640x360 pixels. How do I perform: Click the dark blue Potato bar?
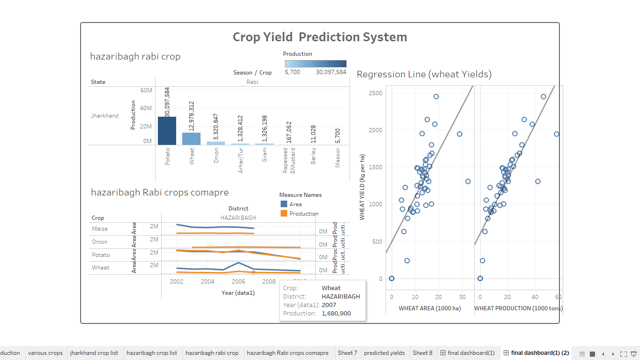[167, 131]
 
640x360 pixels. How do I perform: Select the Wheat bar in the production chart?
[191, 139]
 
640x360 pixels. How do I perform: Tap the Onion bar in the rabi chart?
[216, 143]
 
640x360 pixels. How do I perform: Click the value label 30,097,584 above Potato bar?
[167, 102]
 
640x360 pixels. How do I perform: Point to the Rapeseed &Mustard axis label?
[288, 161]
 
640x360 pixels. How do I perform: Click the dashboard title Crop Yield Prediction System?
[320, 37]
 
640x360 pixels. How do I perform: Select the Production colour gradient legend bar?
[315, 64]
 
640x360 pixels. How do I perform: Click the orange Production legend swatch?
[284, 213]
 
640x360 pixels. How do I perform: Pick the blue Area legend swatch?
[284, 204]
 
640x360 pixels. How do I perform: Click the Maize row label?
[100, 229]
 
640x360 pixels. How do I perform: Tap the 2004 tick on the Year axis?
[208, 281]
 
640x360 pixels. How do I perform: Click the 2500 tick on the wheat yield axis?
[375, 93]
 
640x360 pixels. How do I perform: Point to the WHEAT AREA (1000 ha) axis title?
[430, 308]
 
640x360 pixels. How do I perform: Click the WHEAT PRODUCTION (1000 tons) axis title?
[518, 308]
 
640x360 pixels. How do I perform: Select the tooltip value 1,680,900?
[336, 313]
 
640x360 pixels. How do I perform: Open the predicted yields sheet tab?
[384, 353]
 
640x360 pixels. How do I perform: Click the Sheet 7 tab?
[347, 353]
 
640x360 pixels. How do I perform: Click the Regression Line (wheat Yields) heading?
[424, 74]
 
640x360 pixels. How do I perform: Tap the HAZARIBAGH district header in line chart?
[238, 218]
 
